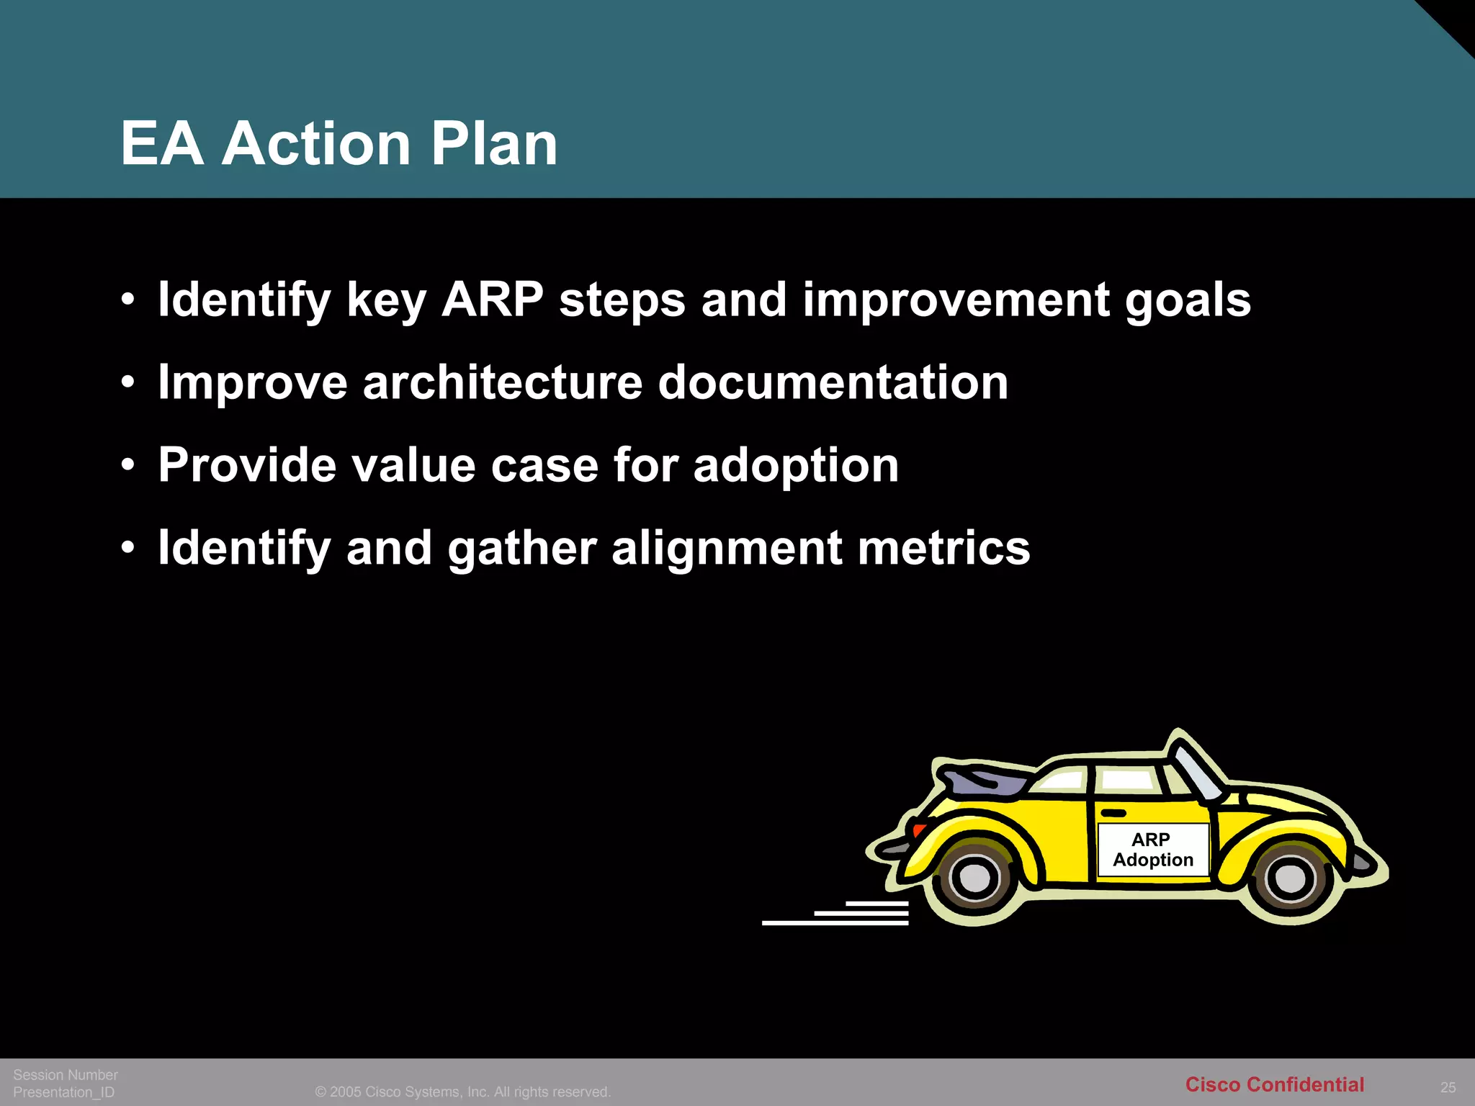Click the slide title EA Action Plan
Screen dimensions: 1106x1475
click(339, 143)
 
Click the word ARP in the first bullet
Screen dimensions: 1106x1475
click(493, 300)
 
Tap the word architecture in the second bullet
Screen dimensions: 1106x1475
click(502, 382)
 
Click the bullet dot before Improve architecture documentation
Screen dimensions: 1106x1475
click(128, 382)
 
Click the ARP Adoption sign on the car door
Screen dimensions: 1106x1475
click(1152, 850)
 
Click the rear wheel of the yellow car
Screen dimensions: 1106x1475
click(975, 877)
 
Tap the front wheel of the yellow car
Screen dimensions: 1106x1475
click(1289, 878)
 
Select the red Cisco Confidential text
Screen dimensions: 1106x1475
click(1274, 1084)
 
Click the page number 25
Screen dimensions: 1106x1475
click(1448, 1087)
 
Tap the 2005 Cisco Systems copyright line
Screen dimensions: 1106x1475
click(462, 1092)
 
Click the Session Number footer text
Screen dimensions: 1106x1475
click(66, 1074)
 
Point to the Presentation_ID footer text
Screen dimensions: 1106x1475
click(64, 1092)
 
